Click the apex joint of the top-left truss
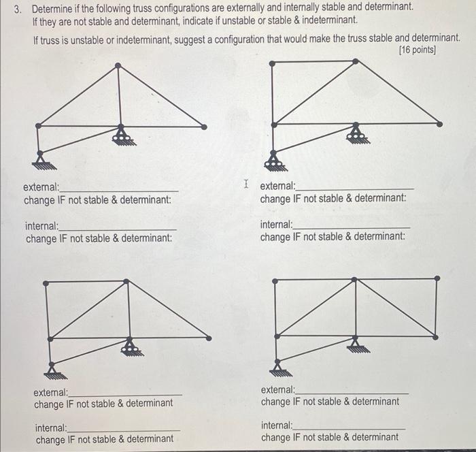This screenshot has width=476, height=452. tap(118, 66)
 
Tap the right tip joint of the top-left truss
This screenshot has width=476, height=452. tap(203, 126)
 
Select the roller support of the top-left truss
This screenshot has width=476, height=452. tap(123, 138)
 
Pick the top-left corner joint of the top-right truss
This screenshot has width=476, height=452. tap(273, 63)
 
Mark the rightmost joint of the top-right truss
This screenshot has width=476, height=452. tap(439, 124)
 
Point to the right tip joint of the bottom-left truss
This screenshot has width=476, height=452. tap(209, 338)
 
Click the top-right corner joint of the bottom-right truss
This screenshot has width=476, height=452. tap(437, 278)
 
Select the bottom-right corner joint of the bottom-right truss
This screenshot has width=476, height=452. tap(436, 335)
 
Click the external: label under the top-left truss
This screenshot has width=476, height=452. tap(41, 187)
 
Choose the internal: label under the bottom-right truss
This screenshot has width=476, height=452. tap(277, 425)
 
